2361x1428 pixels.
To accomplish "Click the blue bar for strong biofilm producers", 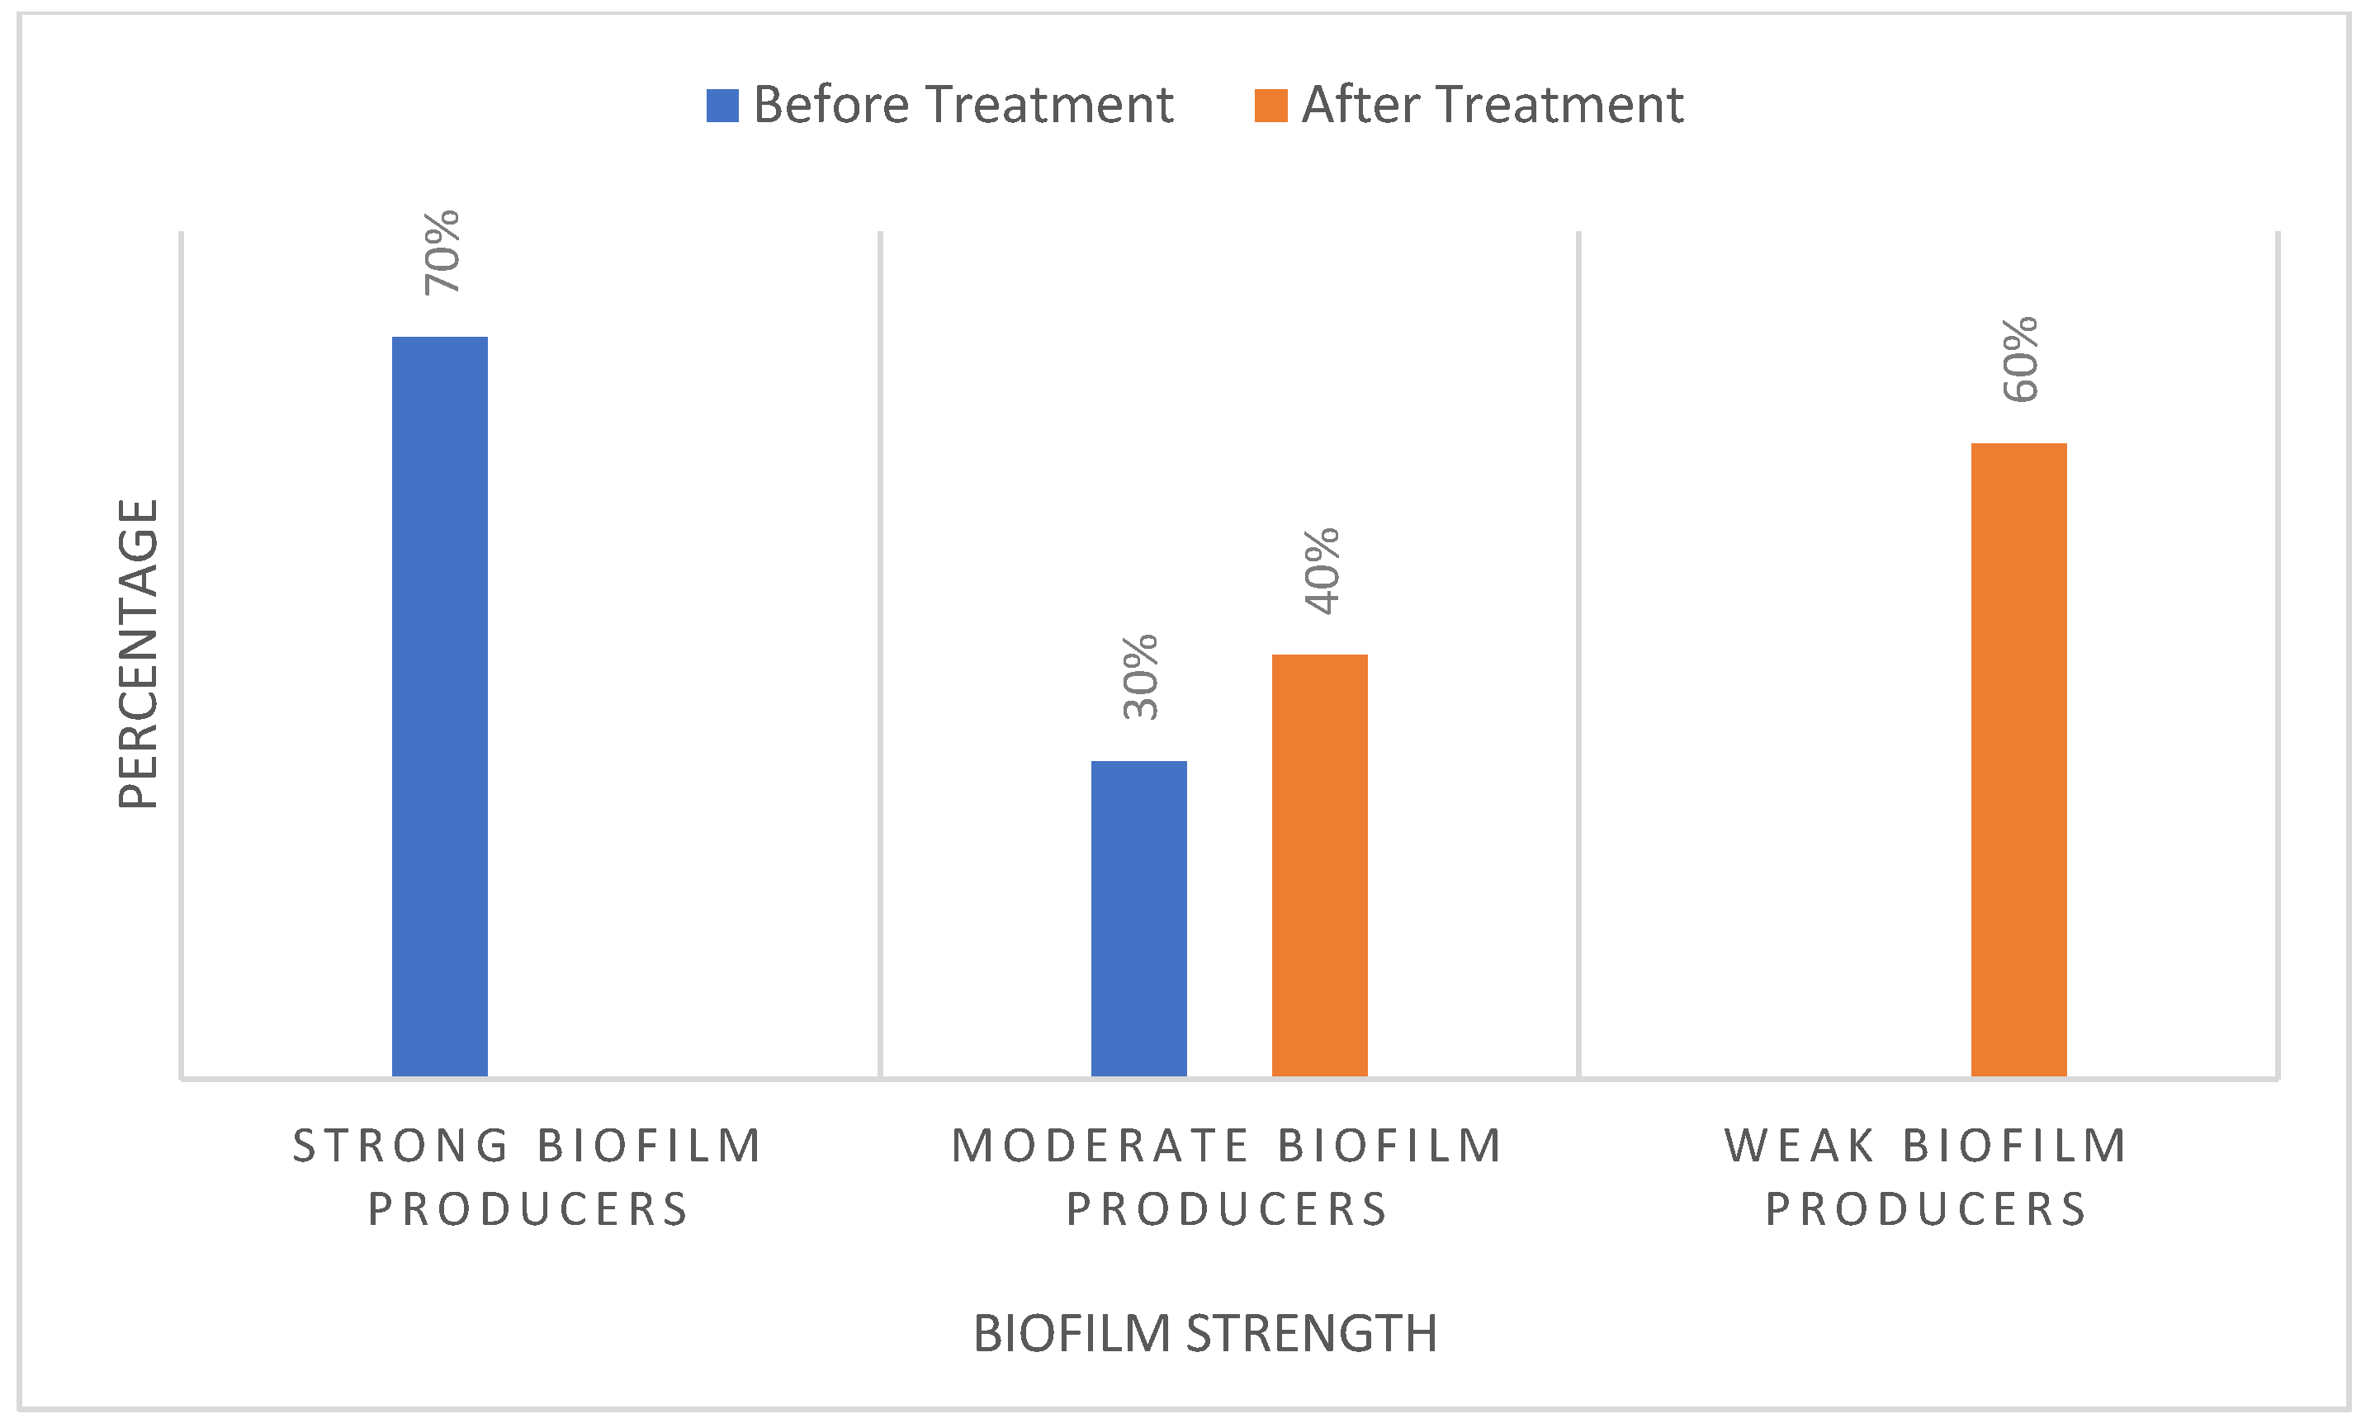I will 440,706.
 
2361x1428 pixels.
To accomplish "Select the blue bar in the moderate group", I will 1138,918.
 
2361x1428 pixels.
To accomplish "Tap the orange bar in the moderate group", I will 1319,864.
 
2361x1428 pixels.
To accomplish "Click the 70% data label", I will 442,252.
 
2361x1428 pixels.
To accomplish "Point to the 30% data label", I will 1140,677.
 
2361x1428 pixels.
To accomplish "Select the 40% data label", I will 1322,570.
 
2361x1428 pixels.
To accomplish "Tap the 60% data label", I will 2020,358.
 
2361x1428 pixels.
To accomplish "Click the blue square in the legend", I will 722,106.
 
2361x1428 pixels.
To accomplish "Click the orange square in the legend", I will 1270,106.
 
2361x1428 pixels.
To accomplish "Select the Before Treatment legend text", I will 963,105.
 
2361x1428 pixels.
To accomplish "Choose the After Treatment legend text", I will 1492,105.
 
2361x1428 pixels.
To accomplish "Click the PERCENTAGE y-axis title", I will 138,654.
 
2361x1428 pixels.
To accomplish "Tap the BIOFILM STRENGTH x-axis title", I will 1205,1333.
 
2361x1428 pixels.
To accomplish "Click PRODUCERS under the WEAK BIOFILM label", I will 1926,1209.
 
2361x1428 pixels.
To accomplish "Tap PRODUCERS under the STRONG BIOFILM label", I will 528,1209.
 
